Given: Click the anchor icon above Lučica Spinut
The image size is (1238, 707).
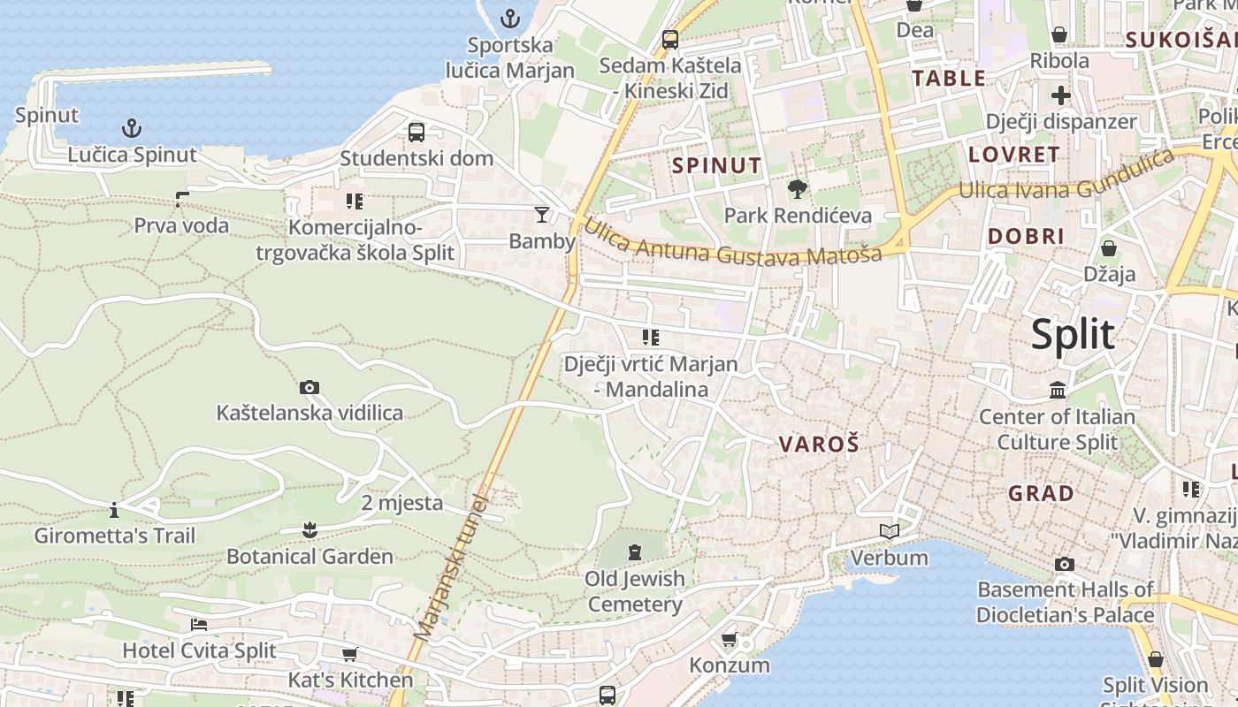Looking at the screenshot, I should (131, 129).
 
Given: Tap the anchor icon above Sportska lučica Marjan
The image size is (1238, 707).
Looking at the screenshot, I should (510, 18).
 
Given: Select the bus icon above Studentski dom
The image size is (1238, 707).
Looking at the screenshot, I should (416, 133).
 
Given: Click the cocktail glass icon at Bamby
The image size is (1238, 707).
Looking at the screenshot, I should (541, 214).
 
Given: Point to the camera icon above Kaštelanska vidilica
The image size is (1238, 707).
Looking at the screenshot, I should (309, 387).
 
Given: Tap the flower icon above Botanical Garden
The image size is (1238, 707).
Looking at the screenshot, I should (309, 530).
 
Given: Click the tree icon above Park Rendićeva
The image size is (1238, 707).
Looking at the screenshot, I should (797, 188).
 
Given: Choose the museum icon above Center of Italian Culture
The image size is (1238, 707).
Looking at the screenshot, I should (1058, 390).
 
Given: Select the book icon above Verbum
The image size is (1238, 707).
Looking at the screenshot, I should (889, 531).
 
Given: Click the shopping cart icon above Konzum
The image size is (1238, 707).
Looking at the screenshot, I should (729, 639).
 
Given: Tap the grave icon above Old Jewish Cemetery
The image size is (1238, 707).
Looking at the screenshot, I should (634, 553).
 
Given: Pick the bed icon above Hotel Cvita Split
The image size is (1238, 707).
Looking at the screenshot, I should (199, 625).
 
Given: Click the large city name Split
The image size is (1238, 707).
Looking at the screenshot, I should (1073, 336).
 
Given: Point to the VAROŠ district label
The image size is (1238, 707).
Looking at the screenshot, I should (818, 445).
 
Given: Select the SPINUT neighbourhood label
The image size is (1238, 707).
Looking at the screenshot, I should (716, 165).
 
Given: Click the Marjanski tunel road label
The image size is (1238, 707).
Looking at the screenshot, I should (451, 566).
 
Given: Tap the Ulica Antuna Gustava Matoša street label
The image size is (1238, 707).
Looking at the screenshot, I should (733, 244).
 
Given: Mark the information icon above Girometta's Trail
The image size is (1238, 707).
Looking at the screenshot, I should (113, 510).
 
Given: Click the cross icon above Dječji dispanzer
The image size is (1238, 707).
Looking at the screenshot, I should (1060, 95).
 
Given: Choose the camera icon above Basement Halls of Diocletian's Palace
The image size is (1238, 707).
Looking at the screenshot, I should (1065, 564).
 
